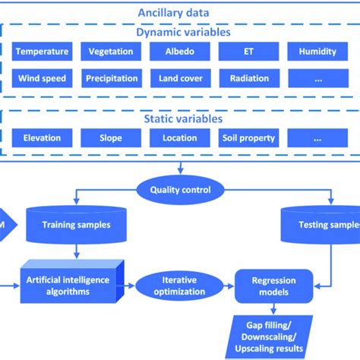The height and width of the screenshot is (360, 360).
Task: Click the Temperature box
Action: [x=43, y=52]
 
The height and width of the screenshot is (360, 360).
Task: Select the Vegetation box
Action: [x=111, y=52]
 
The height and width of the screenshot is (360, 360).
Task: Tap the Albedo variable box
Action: [x=179, y=52]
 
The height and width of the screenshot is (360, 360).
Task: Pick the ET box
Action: [x=248, y=52]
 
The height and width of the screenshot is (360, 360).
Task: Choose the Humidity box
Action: [x=317, y=52]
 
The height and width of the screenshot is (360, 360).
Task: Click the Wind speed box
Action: [x=43, y=77]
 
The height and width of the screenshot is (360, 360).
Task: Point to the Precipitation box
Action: [x=111, y=77]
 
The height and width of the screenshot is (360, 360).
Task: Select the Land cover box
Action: [x=179, y=77]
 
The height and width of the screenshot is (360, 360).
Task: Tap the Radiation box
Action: [x=248, y=77]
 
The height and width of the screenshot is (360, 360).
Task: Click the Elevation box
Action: [x=43, y=138]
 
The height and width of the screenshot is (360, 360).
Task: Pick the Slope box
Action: [x=111, y=138]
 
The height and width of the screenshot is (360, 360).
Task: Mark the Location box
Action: [x=179, y=138]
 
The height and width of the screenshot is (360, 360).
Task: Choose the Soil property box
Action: [x=248, y=138]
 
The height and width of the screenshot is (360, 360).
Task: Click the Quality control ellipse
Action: [x=179, y=191]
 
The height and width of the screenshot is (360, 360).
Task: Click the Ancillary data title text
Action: [x=180, y=12]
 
